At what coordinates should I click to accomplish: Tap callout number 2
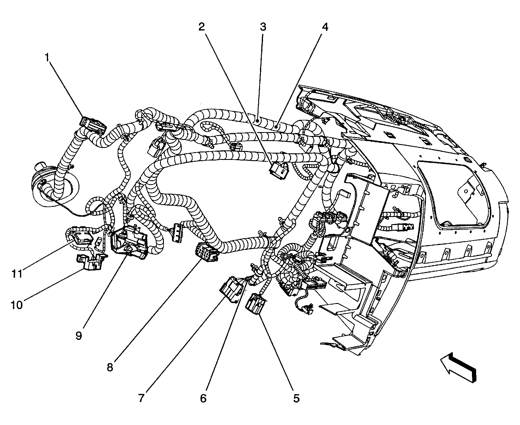[x=202, y=27]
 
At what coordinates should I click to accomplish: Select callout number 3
[x=263, y=27]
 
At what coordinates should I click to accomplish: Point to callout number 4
[x=325, y=27]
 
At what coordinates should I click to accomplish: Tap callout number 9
[x=79, y=336]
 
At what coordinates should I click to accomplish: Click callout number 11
[x=17, y=274]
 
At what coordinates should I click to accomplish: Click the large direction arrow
[x=458, y=366]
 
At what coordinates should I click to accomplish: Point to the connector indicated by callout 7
[x=231, y=288]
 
